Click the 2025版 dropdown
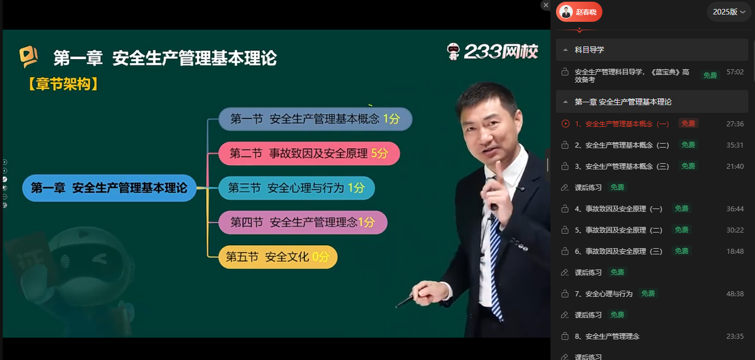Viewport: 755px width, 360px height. (729, 12)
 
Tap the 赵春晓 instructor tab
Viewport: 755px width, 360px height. (579, 12)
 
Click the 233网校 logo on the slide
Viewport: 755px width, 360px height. (492, 52)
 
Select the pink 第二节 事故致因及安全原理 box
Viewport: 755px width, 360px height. (309, 153)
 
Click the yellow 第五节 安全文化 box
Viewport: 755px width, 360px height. (278, 257)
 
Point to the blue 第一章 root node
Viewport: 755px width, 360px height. (109, 188)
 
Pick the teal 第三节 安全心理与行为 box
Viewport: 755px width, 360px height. (297, 188)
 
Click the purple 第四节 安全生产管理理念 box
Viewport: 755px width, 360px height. (303, 222)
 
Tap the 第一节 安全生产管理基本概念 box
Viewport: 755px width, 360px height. (315, 119)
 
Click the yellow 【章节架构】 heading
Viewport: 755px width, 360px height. (63, 84)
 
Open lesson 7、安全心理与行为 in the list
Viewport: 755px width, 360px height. (604, 294)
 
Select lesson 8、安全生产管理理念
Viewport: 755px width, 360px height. (607, 337)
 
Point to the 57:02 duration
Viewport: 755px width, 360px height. (735, 72)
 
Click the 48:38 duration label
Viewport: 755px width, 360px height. (735, 294)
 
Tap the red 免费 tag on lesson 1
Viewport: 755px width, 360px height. (688, 124)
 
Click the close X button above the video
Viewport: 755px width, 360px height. (545, 5)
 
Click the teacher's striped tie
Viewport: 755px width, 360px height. (495, 266)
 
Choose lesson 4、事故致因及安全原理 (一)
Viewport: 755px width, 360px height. (619, 209)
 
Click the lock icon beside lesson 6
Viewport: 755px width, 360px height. (565, 251)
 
